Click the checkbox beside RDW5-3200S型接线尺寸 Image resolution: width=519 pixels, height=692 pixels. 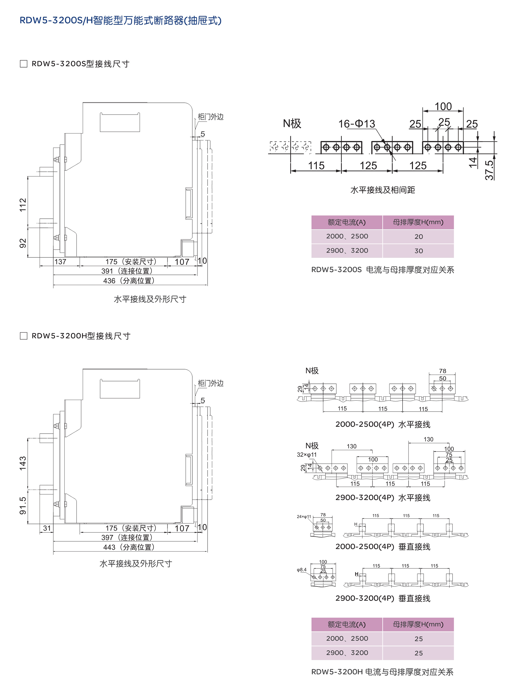click(x=23, y=64)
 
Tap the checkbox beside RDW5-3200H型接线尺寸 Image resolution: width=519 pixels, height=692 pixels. click(x=23, y=336)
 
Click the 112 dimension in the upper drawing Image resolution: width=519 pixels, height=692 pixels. click(x=23, y=205)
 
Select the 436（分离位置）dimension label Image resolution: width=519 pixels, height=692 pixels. click(x=129, y=281)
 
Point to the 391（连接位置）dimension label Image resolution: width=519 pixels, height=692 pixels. click(x=127, y=271)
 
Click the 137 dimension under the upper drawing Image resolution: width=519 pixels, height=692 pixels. click(x=60, y=262)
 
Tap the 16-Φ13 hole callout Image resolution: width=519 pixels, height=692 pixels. click(x=357, y=124)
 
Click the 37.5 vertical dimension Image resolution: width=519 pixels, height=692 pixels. click(x=489, y=170)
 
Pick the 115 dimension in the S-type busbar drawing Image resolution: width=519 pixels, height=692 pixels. click(x=316, y=166)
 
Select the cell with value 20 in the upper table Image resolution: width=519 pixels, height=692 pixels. click(x=418, y=237)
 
